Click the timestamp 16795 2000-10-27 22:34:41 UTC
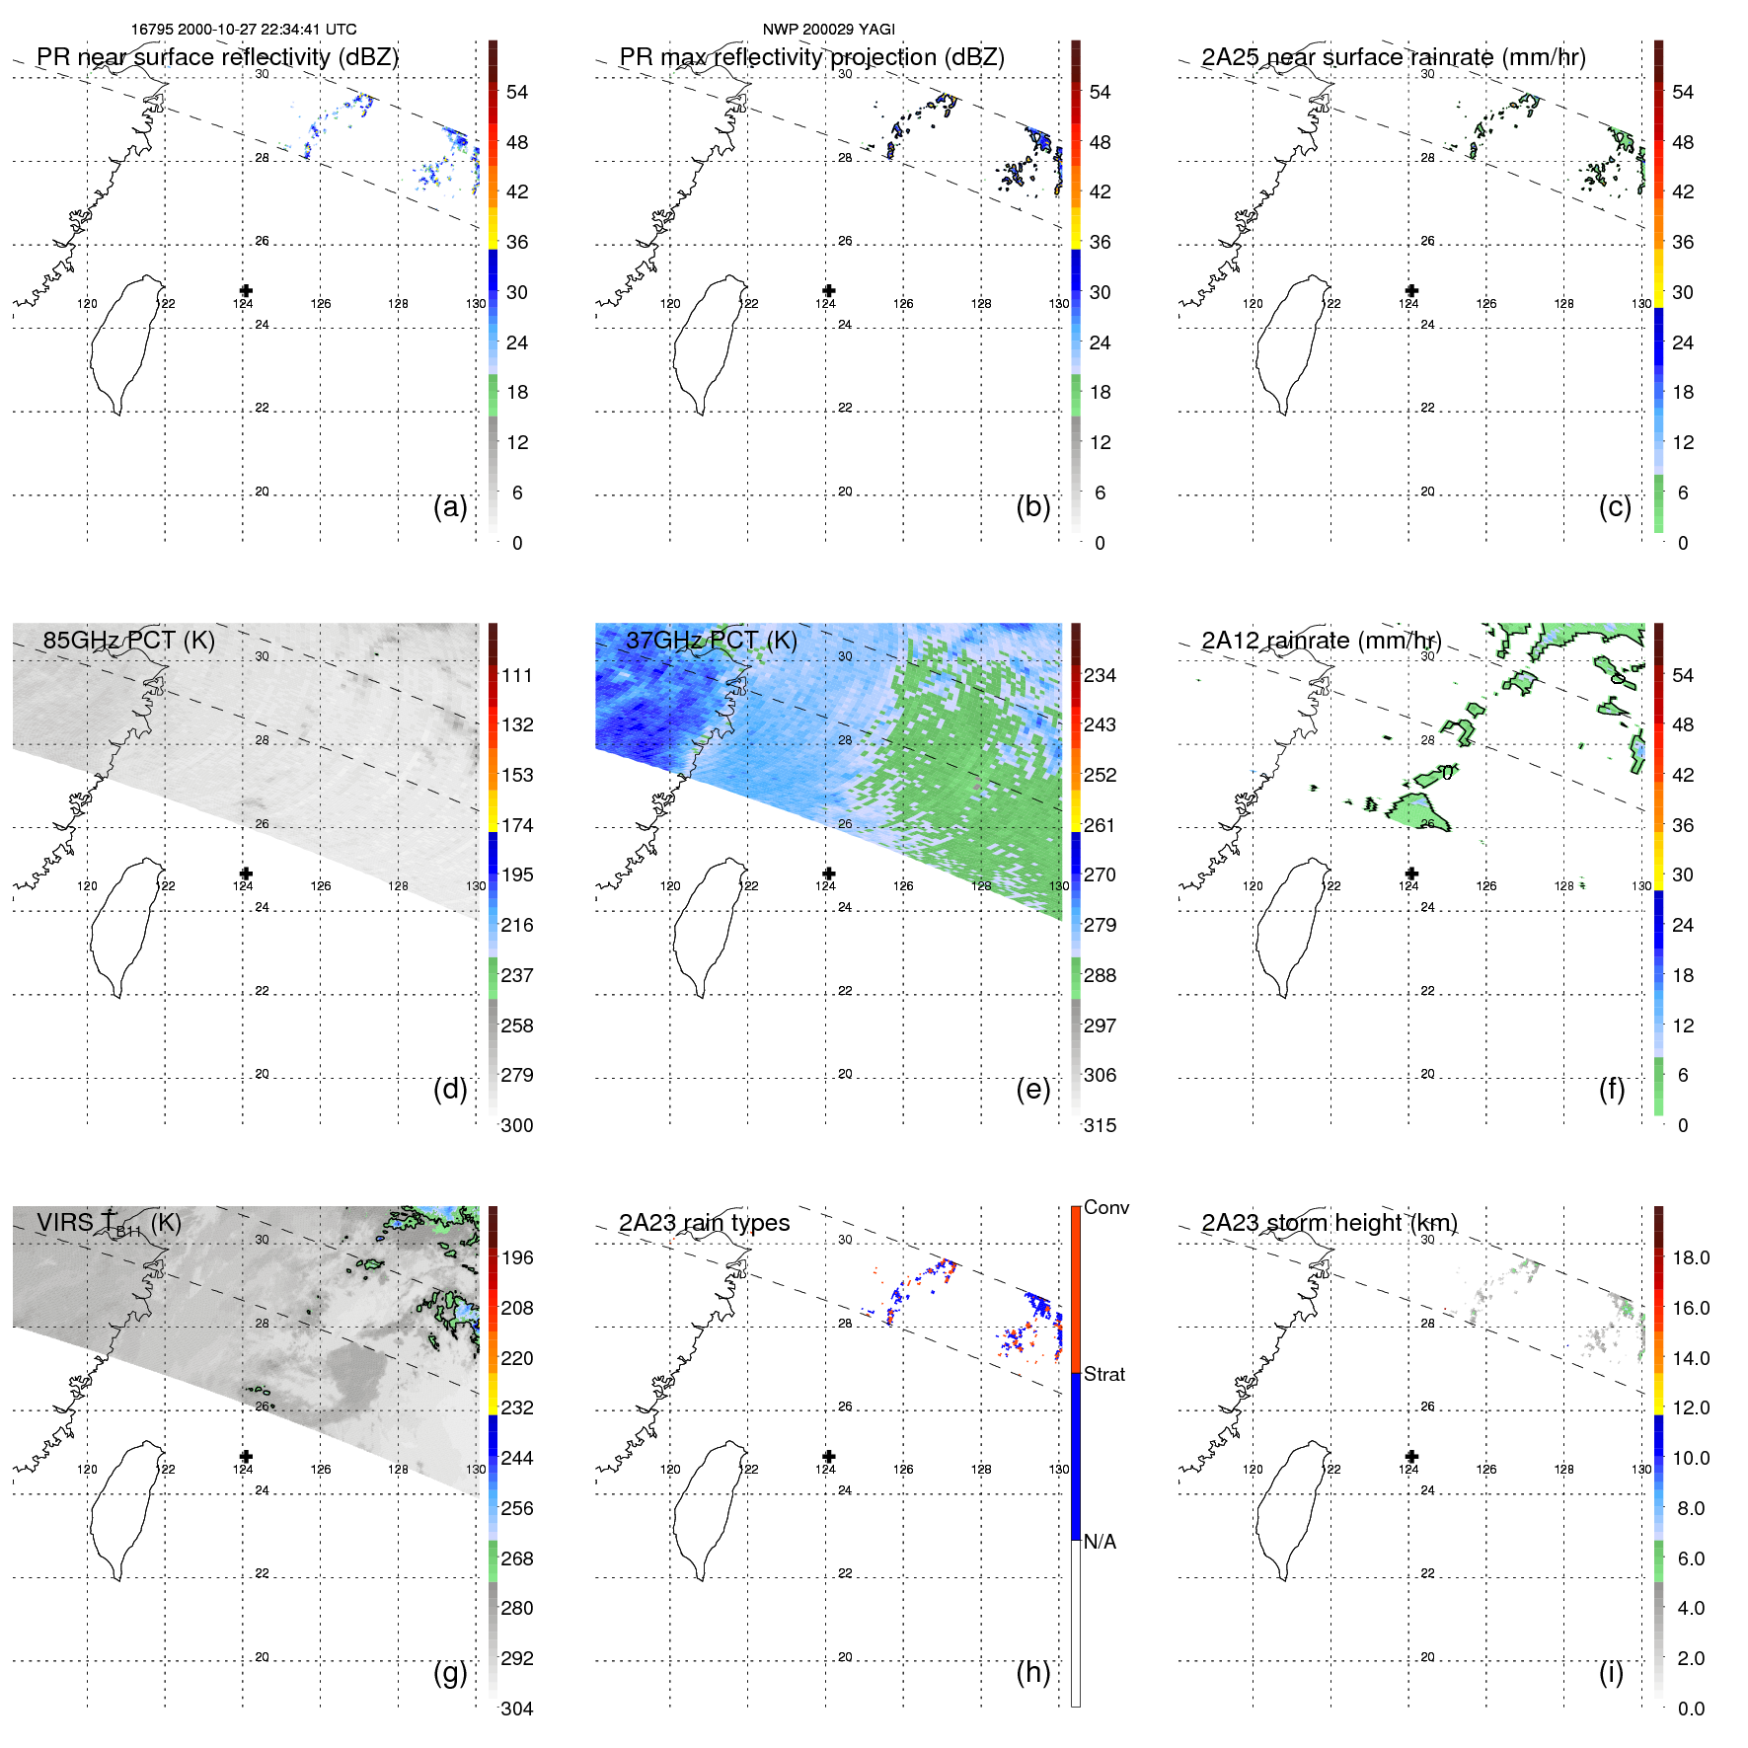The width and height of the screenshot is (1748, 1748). (x=244, y=30)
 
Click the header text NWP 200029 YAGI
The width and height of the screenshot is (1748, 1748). (x=828, y=30)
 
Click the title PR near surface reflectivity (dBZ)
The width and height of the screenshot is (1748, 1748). (x=217, y=57)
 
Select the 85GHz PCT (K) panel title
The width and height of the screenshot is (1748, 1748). (x=128, y=640)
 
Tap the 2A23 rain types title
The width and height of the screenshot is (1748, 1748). (x=704, y=1223)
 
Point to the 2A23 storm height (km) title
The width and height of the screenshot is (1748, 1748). (x=1329, y=1223)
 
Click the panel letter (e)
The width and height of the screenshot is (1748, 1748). (x=1032, y=1089)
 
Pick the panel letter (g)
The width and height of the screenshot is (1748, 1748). (x=450, y=1672)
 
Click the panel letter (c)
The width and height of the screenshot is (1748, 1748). (x=1615, y=506)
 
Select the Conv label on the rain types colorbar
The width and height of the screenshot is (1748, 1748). (x=1105, y=1207)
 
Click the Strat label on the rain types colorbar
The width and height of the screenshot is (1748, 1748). (x=1103, y=1374)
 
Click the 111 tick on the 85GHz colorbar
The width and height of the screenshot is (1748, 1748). (x=517, y=675)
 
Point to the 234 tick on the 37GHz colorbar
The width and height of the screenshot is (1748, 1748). (x=1100, y=675)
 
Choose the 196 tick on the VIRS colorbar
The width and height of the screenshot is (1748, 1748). (x=517, y=1257)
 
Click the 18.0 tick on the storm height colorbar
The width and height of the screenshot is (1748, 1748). (x=1690, y=1257)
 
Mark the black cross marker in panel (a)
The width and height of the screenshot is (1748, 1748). (x=246, y=290)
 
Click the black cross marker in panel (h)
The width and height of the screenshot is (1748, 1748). (x=829, y=1456)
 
